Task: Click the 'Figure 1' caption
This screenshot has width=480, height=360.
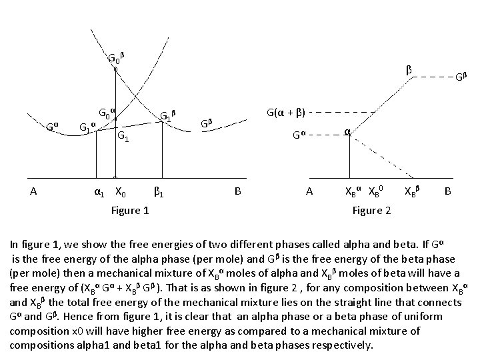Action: [130, 211]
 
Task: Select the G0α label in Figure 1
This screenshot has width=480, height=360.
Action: [107, 111]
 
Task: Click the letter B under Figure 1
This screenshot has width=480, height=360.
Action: [237, 192]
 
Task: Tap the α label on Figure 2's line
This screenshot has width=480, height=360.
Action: [347, 132]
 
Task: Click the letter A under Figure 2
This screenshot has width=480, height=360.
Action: [309, 192]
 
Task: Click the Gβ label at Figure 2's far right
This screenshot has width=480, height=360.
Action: [461, 77]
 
